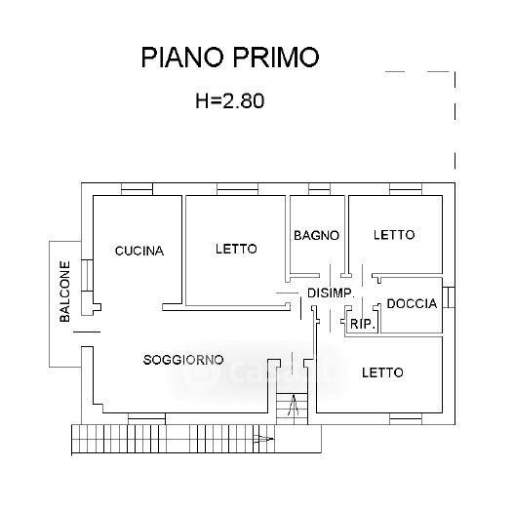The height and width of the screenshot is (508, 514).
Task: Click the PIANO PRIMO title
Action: pyautogui.click(x=230, y=58)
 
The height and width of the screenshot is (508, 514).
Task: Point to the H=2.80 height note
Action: pyautogui.click(x=230, y=100)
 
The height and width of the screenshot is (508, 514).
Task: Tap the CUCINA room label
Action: pyautogui.click(x=139, y=251)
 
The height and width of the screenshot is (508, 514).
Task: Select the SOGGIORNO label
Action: pyautogui.click(x=183, y=360)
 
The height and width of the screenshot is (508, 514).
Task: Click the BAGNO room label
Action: pyautogui.click(x=316, y=235)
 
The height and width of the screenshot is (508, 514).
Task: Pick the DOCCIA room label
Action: pyautogui.click(x=412, y=304)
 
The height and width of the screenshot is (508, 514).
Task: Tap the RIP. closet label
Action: pyautogui.click(x=363, y=324)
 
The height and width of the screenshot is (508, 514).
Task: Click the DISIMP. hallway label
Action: pyautogui.click(x=331, y=293)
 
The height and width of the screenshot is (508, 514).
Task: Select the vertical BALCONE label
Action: pyautogui.click(x=65, y=292)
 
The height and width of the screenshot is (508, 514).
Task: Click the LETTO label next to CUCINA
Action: pyautogui.click(x=236, y=249)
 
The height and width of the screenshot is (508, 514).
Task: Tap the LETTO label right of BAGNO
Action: pyautogui.click(x=394, y=235)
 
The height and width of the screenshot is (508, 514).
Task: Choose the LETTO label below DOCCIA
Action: pyautogui.click(x=382, y=372)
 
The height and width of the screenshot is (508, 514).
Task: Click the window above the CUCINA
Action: pyautogui.click(x=137, y=189)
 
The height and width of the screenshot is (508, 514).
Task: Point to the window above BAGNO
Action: pyautogui.click(x=319, y=189)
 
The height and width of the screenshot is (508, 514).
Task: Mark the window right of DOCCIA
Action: pyautogui.click(x=449, y=297)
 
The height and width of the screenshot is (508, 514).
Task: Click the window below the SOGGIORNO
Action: pyautogui.click(x=146, y=419)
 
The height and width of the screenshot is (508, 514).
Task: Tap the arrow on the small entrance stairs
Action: pyautogui.click(x=293, y=406)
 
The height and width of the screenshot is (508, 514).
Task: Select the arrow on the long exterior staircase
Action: pyautogui.click(x=263, y=439)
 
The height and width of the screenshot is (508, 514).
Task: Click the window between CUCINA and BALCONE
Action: pyautogui.click(x=87, y=275)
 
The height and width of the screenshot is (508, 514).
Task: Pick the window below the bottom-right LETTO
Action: pyautogui.click(x=406, y=419)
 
